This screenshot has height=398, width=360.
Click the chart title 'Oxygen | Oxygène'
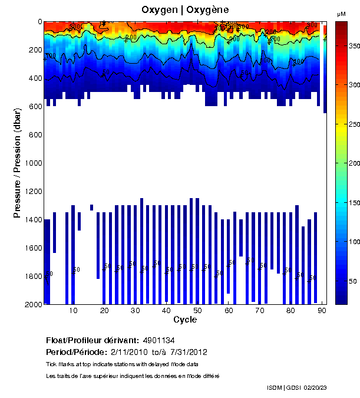(185, 10)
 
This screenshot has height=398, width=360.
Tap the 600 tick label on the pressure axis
(35, 107)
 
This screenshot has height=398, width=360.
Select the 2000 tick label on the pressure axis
(32, 304)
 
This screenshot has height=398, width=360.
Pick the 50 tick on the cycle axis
(197, 310)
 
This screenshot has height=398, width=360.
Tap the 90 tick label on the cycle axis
(322, 310)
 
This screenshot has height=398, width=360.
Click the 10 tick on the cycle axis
(73, 310)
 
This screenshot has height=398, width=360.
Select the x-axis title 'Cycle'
(185, 320)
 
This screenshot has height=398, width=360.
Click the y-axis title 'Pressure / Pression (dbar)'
(18, 163)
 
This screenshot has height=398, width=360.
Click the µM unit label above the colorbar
(341, 14)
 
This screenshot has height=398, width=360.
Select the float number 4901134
(158, 340)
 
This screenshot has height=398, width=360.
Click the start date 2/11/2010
(130, 352)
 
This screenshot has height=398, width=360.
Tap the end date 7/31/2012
(188, 352)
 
